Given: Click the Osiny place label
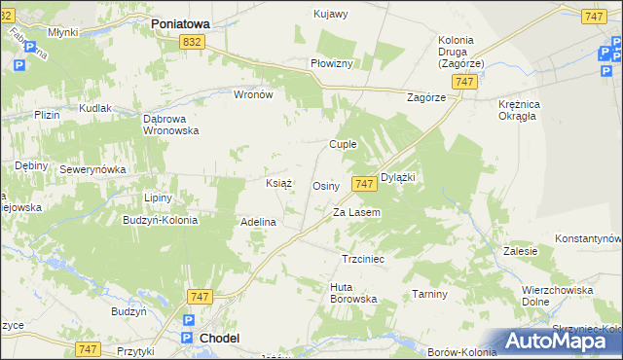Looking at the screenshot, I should click(325, 185).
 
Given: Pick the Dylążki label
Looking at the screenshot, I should click(398, 177).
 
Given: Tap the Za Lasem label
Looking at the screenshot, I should click(356, 212).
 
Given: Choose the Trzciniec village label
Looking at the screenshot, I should click(363, 260).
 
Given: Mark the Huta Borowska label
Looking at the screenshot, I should click(353, 293).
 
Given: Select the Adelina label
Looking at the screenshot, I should click(259, 222).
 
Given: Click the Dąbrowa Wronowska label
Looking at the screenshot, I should click(171, 124).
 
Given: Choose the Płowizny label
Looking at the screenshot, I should click(337, 62).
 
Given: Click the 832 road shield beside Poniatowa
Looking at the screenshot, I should click(192, 41).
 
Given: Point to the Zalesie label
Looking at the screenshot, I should click(521, 250).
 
